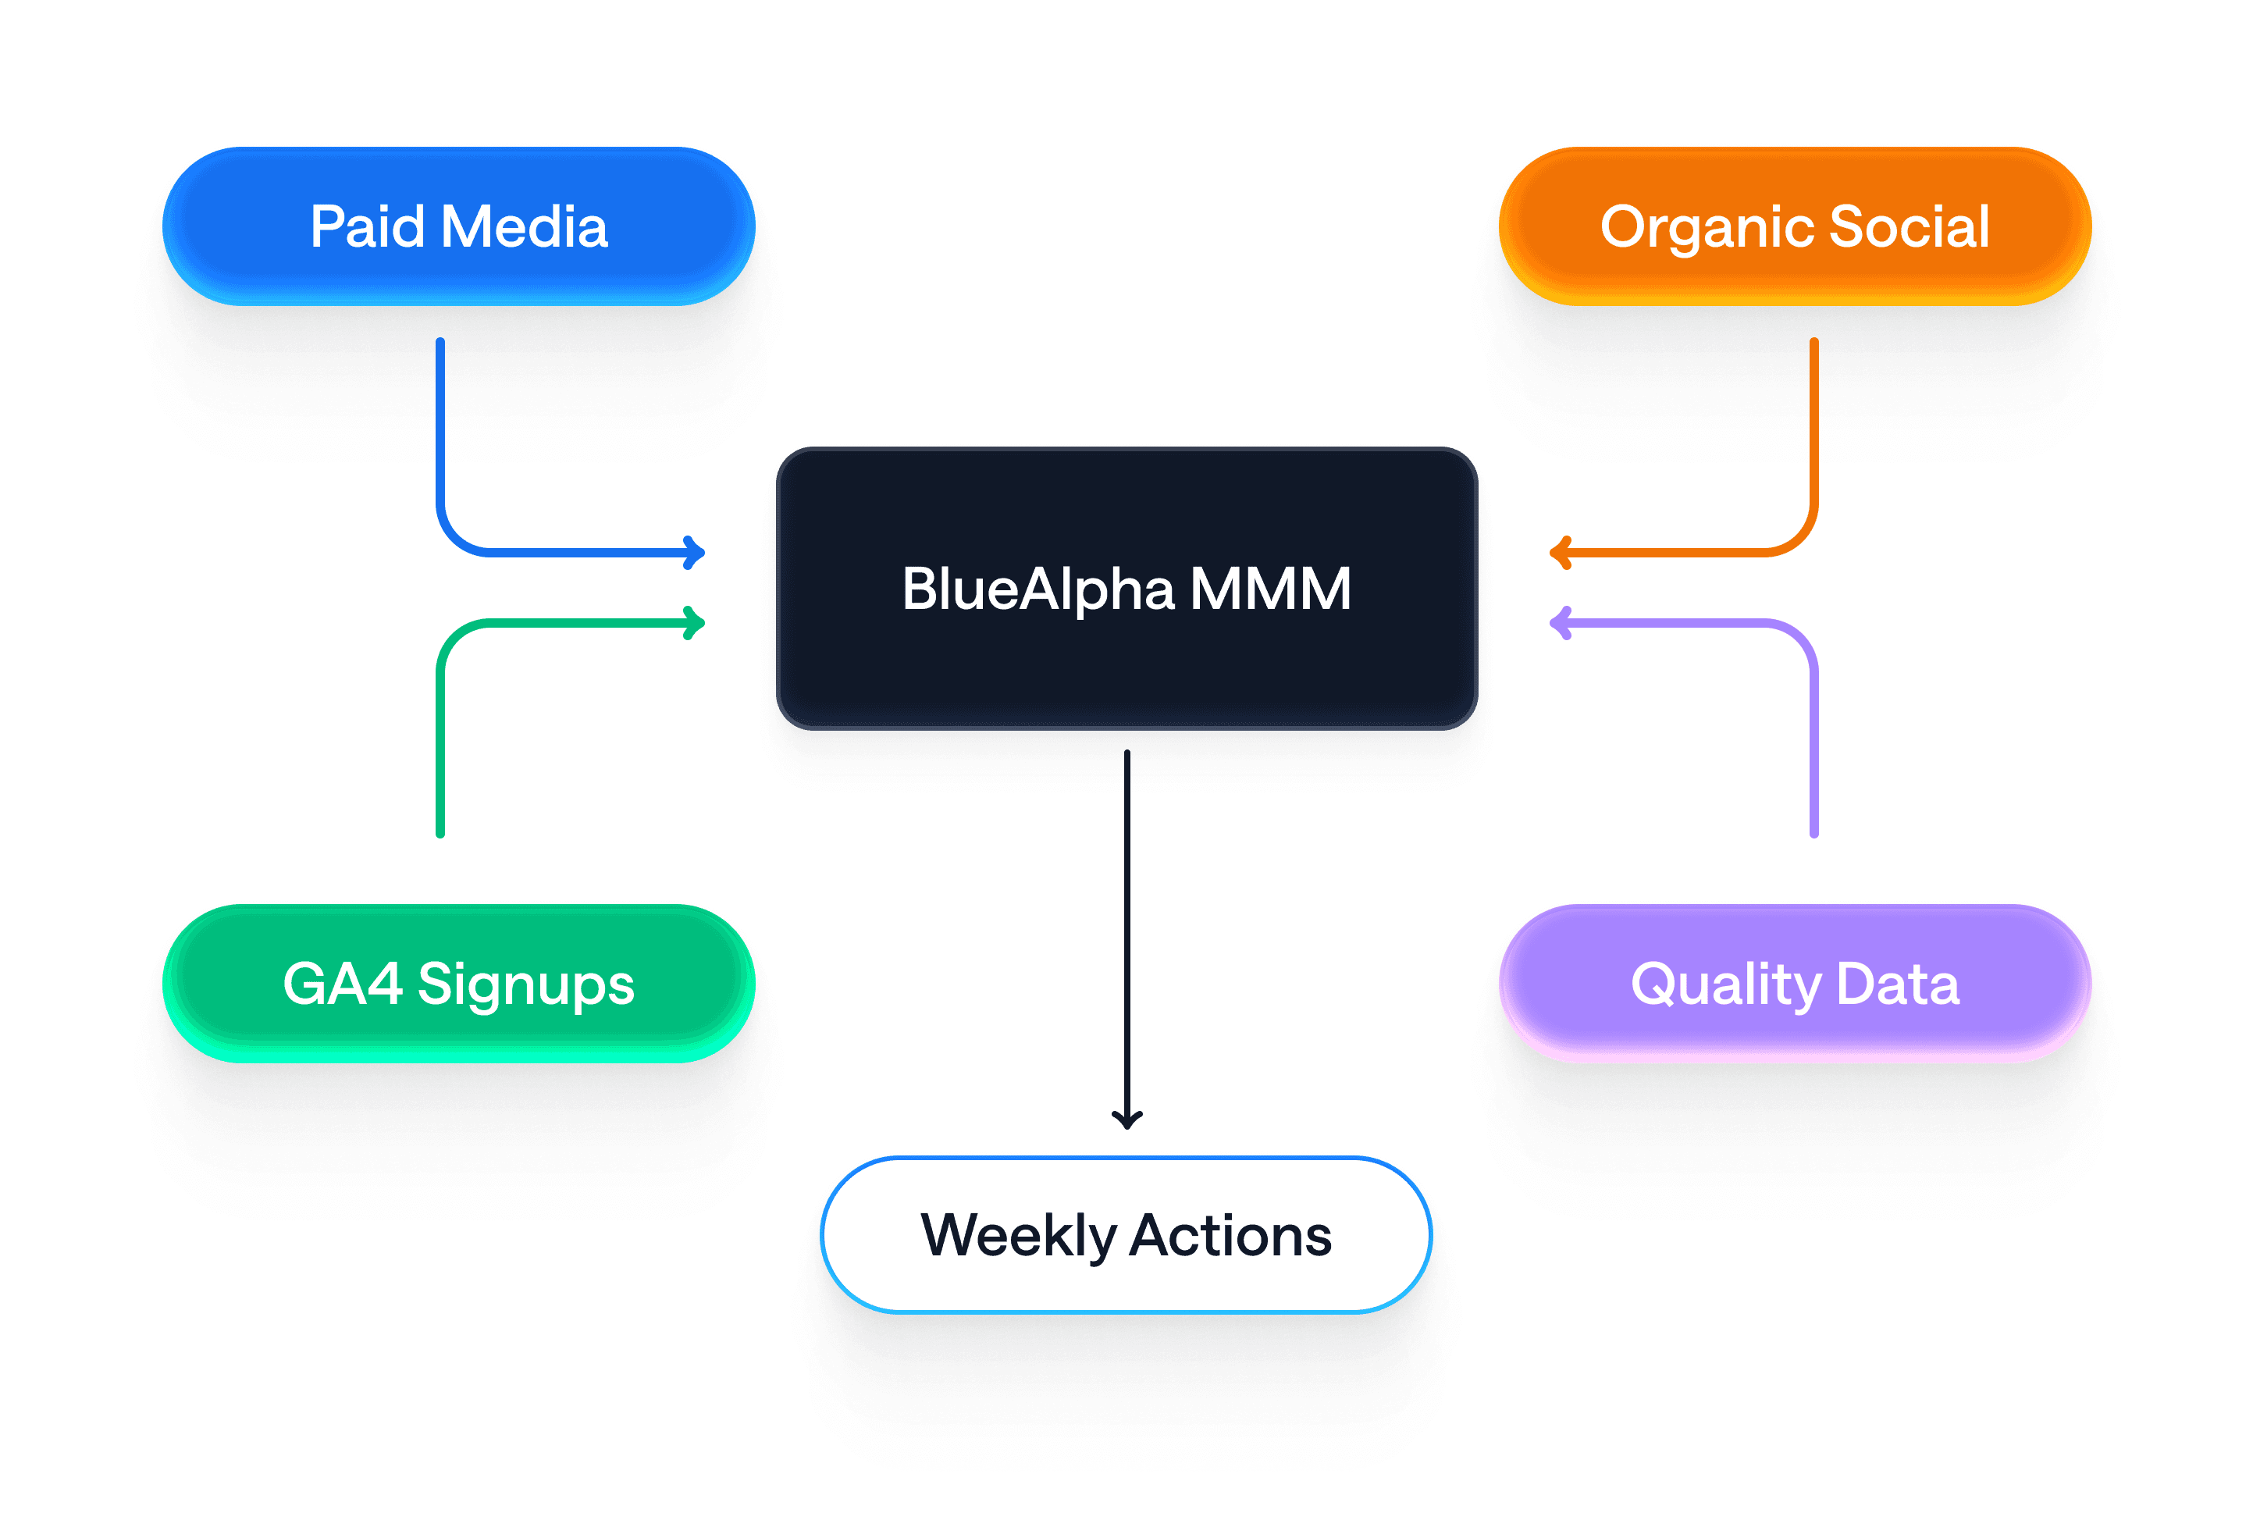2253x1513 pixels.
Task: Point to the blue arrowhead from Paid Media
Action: click(x=695, y=553)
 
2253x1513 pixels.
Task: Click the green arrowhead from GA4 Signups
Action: click(x=695, y=623)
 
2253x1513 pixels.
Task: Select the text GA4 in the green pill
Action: click(x=342, y=984)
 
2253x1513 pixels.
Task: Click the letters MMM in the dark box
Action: click(x=1270, y=589)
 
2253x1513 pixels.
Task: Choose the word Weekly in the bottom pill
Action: click(x=1018, y=1236)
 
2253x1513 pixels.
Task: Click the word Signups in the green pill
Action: click(x=526, y=985)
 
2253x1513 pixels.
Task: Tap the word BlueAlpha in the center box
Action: click(x=1038, y=589)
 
